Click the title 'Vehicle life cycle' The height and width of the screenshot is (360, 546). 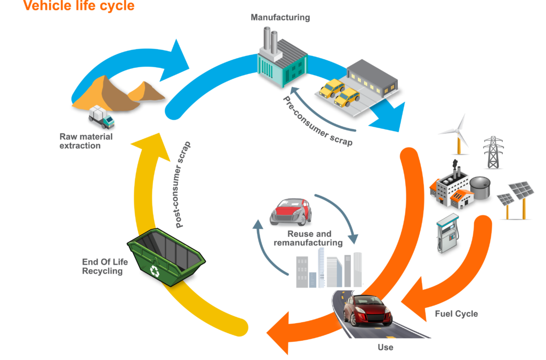click(x=79, y=7)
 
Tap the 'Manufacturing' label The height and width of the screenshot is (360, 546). click(x=280, y=18)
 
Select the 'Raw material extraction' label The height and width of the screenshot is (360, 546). click(x=86, y=141)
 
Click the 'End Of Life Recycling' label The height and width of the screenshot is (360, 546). click(x=102, y=266)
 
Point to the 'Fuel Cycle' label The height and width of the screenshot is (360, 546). click(x=456, y=314)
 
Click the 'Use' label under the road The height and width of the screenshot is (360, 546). click(x=385, y=347)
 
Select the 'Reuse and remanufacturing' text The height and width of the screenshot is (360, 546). click(x=308, y=238)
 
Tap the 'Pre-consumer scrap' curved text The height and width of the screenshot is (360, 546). click(x=317, y=122)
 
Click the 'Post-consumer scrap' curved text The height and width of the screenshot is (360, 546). click(x=185, y=185)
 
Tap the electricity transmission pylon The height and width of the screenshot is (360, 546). click(x=493, y=152)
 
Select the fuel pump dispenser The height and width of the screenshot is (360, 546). click(x=447, y=234)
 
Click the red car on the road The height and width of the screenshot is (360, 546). click(x=367, y=310)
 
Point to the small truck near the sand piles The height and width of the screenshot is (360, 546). click(x=101, y=117)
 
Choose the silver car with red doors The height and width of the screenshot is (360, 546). click(x=290, y=211)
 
